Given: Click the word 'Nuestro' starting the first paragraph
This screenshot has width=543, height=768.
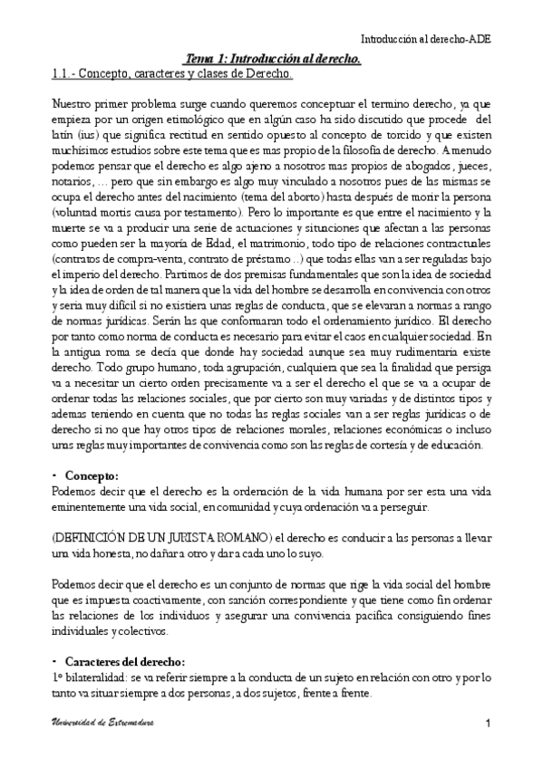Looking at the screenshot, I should tap(73, 104).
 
